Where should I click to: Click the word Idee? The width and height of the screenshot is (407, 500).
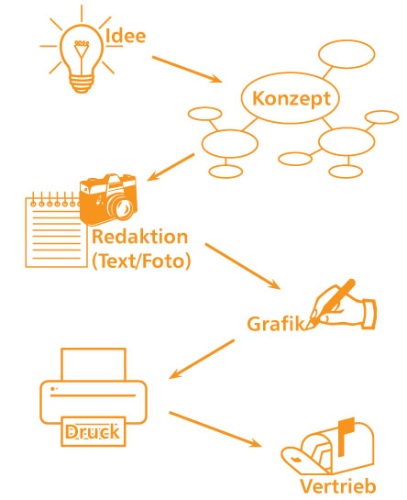(x=126, y=36)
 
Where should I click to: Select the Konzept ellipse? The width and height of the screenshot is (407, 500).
(x=290, y=98)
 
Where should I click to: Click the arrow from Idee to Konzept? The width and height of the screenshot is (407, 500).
(x=187, y=69)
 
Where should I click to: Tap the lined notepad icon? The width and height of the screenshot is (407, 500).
(x=56, y=229)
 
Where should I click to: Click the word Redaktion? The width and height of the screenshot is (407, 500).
(x=140, y=237)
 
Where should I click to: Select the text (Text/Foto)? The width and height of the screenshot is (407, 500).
(x=141, y=261)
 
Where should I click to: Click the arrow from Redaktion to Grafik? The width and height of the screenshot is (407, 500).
(x=243, y=266)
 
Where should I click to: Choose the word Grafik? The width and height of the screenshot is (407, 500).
(x=276, y=324)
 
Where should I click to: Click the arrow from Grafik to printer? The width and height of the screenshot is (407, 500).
(x=202, y=359)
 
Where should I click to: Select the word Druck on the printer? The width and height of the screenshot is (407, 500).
(x=93, y=432)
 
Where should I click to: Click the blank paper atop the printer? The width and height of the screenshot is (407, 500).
(x=93, y=364)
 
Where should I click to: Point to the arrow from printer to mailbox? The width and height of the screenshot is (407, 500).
(x=215, y=428)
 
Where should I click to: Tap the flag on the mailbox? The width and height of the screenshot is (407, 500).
(x=346, y=436)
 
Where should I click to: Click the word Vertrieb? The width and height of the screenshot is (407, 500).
(x=338, y=486)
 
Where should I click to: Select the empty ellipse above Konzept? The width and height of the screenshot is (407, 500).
(x=346, y=54)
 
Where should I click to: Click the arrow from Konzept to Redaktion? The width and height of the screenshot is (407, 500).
(x=170, y=167)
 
